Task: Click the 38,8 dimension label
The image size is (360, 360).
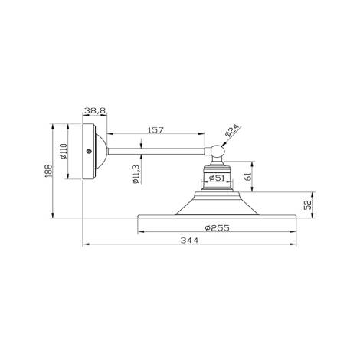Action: coord(95,110)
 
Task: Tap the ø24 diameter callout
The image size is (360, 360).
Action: coord(232,133)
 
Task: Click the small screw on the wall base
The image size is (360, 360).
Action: coord(90,152)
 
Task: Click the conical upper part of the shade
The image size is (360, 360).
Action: coord(218,205)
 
